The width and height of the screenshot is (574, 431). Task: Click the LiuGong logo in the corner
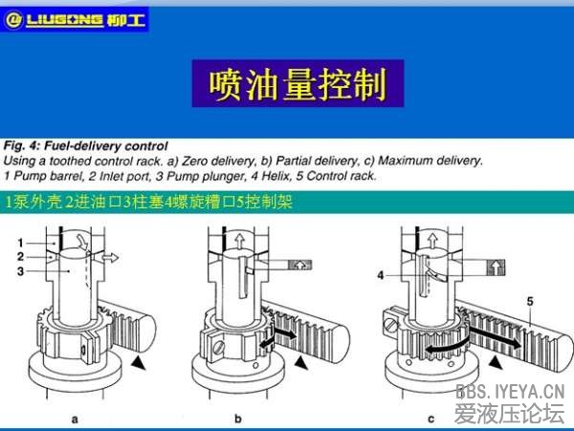pyautogui.click(x=75, y=19)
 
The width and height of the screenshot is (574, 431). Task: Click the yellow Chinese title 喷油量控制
pyautogui.click(x=298, y=84)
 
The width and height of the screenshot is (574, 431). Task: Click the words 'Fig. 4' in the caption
pyautogui.click(x=21, y=146)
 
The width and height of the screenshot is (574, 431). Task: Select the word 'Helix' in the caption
pyautogui.click(x=272, y=176)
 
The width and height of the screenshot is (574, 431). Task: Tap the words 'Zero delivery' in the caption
pyautogui.click(x=217, y=161)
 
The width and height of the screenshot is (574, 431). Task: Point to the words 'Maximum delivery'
pyautogui.click(x=430, y=161)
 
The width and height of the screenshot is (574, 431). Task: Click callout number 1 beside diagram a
pyautogui.click(x=20, y=243)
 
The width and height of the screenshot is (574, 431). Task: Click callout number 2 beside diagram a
pyautogui.click(x=20, y=257)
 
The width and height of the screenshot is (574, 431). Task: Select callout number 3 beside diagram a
pyautogui.click(x=20, y=271)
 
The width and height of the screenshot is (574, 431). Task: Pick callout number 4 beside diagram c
pyautogui.click(x=381, y=275)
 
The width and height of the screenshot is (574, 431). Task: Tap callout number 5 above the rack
pyautogui.click(x=530, y=301)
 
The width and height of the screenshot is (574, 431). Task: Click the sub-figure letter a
pyautogui.click(x=75, y=420)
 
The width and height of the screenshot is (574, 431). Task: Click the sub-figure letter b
pyautogui.click(x=238, y=419)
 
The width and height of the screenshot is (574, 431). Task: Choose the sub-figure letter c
pyautogui.click(x=431, y=420)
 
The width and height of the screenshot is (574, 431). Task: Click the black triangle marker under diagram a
pyautogui.click(x=139, y=362)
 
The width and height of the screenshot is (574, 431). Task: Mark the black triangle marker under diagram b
pyautogui.click(x=301, y=362)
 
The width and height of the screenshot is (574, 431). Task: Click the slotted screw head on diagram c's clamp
pyautogui.click(x=391, y=325)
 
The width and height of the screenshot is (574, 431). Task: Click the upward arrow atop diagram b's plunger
pyautogui.click(x=239, y=242)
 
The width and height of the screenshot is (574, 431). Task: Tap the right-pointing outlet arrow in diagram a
pyautogui.click(x=110, y=257)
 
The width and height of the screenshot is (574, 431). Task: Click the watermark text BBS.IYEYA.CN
pyautogui.click(x=510, y=392)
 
